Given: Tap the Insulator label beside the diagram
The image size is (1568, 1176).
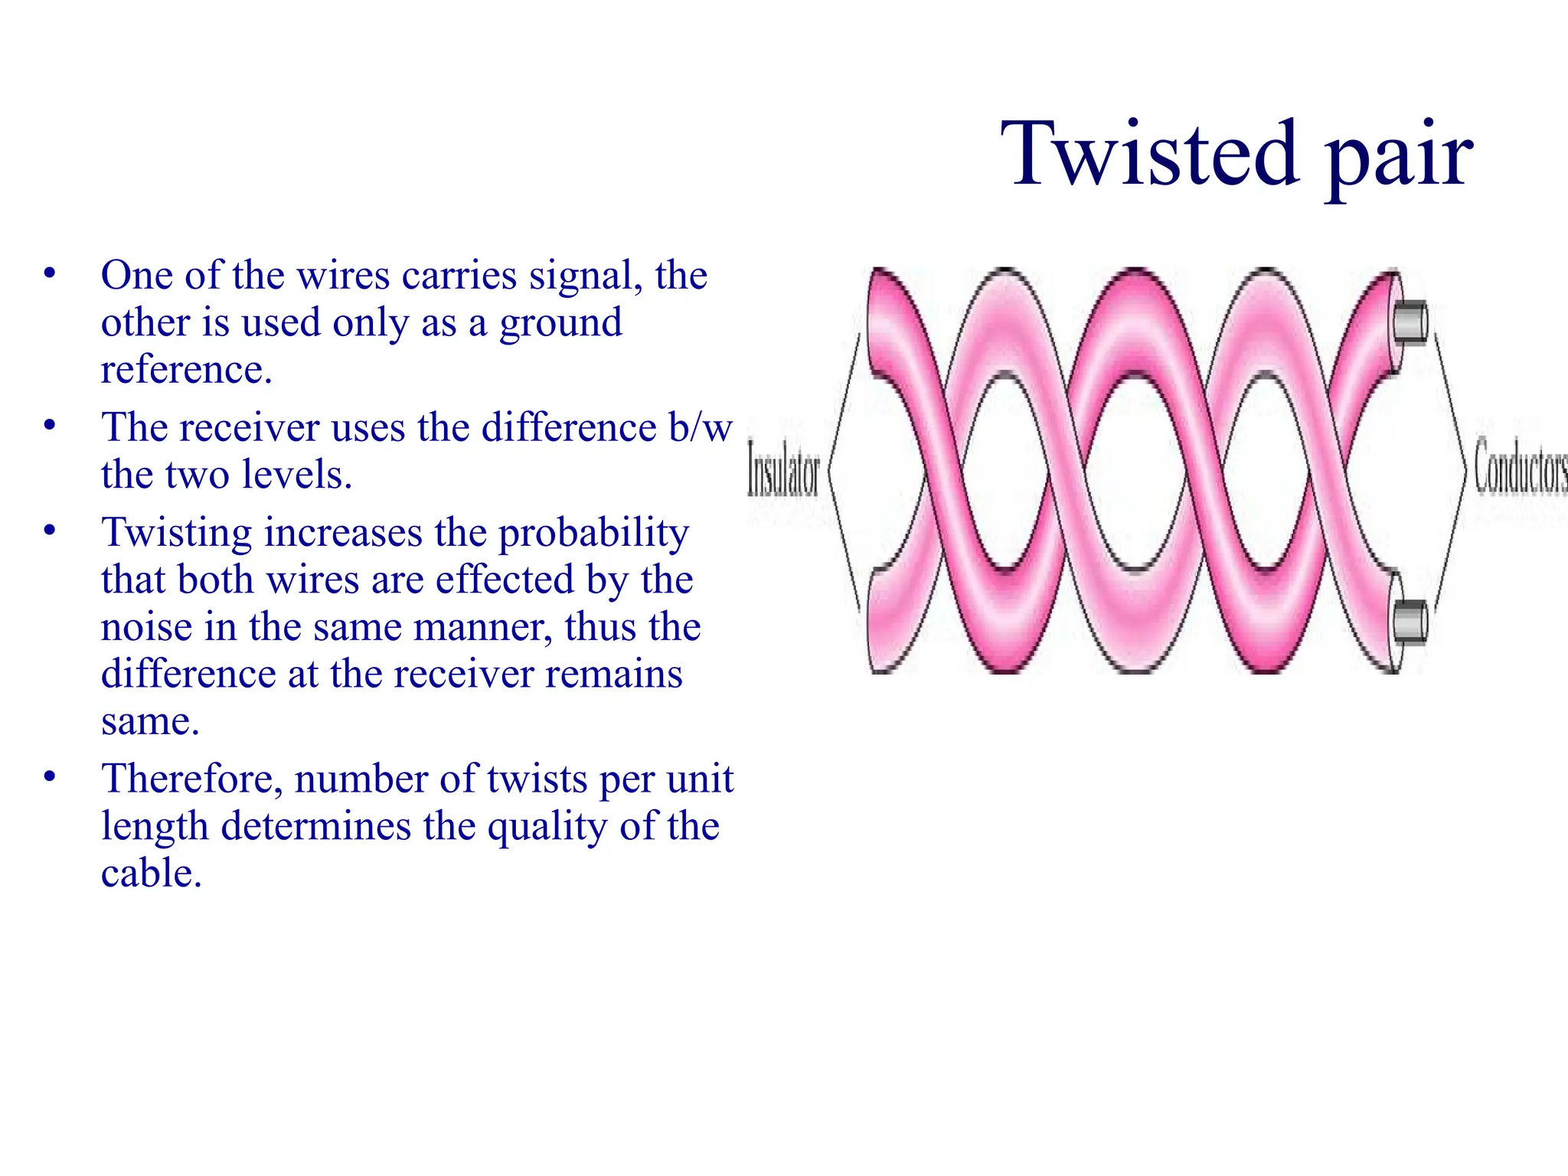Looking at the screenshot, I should (x=783, y=467).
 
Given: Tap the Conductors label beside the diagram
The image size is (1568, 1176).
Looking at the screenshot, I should (x=1521, y=467).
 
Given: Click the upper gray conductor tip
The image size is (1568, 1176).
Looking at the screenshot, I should (x=1410, y=322).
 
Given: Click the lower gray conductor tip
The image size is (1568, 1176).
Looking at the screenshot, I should (x=1410, y=621).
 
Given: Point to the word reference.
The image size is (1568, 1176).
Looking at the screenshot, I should (x=186, y=370).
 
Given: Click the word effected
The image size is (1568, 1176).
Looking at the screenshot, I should (x=505, y=580).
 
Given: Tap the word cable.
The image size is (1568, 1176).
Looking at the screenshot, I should (x=151, y=874).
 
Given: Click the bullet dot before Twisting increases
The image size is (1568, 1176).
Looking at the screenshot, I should (x=50, y=530).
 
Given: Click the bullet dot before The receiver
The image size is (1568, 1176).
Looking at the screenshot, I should (x=50, y=425).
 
